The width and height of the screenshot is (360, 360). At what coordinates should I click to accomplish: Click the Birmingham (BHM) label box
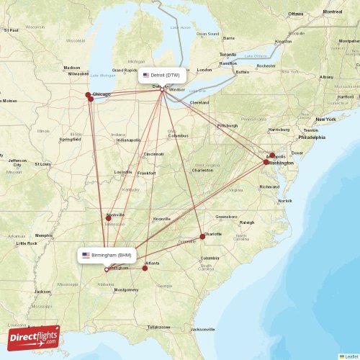(x=107, y=256)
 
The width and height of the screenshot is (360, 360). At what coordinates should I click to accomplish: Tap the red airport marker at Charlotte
(x=202, y=236)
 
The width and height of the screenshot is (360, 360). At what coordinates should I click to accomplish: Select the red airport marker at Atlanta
(x=145, y=267)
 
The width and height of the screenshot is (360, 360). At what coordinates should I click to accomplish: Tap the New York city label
(x=325, y=119)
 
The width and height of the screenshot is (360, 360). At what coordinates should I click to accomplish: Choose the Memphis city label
(x=45, y=235)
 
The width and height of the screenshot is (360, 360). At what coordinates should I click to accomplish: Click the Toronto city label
(x=228, y=55)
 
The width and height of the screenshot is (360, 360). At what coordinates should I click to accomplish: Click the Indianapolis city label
(x=129, y=140)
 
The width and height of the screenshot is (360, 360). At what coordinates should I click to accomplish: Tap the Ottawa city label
(x=296, y=14)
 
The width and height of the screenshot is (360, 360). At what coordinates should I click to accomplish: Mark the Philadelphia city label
(x=312, y=137)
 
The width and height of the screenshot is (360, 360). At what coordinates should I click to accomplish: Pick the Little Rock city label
(x=27, y=243)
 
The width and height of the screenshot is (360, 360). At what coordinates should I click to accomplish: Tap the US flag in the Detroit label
(x=146, y=75)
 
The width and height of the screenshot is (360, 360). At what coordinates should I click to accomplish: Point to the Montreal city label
(x=333, y=12)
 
